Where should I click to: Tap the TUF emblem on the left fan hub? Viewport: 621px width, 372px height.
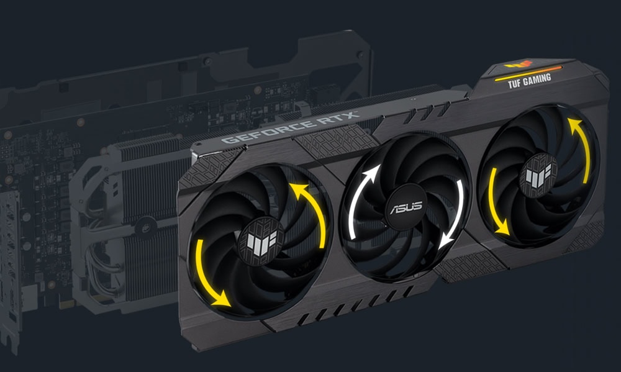[x=261, y=240]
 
